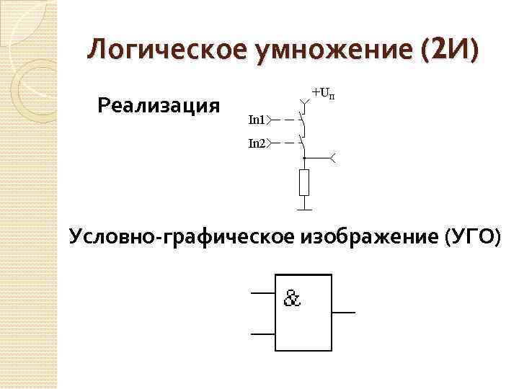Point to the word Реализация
point(158,107)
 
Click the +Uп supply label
point(321,92)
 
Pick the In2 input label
point(257,143)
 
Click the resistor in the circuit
point(304,183)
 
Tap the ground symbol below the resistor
point(304,209)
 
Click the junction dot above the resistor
point(304,156)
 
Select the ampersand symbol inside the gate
point(292,298)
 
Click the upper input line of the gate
point(262,294)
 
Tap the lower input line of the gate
point(262,334)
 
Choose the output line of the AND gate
point(343,313)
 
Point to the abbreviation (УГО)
point(472,236)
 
